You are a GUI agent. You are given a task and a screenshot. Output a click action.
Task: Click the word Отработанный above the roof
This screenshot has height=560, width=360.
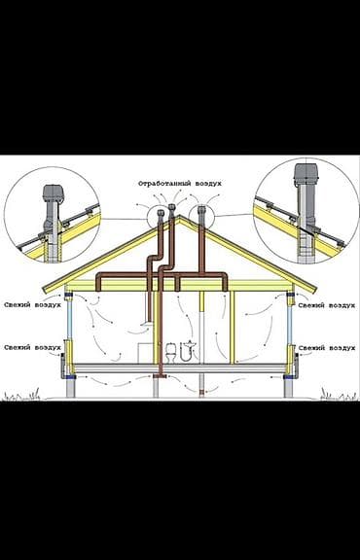coord(164,184)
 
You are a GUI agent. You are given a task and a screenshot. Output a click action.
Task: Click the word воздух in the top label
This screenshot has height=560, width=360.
coord(208,184)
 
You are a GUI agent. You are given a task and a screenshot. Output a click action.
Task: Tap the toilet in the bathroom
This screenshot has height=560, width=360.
coord(171,353)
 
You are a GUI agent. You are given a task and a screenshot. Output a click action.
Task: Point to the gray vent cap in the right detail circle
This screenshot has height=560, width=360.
coord(306,174)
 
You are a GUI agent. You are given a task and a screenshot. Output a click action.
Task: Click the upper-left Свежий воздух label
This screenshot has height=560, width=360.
coord(32,305)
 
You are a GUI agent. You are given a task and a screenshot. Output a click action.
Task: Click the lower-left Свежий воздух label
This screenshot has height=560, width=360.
coord(32,347)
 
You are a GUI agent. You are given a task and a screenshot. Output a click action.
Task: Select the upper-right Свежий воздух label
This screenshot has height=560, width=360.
coord(327,305)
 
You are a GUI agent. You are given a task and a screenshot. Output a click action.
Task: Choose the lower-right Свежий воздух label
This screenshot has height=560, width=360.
coord(327,348)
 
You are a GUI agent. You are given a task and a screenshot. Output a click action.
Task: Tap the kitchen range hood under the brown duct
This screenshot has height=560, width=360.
coord(147,325)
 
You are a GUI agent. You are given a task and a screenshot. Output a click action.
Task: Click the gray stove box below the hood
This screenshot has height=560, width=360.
coord(145,353)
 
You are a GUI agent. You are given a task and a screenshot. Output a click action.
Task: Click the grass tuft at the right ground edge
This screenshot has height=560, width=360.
coord(339,395)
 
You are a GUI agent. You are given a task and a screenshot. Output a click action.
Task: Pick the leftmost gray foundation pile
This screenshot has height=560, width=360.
coord(71,386)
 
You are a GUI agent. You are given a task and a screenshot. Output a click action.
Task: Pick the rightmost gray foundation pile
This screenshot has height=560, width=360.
coord(289,386)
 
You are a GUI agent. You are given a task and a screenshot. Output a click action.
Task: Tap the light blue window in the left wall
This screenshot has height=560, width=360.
coord(70,318)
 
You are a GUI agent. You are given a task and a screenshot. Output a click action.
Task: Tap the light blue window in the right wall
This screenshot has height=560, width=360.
coord(290,318)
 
